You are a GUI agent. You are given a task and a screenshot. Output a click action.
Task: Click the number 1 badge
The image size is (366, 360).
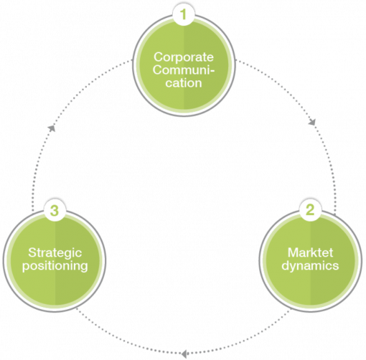click(184, 14)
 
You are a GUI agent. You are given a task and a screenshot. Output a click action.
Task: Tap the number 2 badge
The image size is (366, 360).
click(310, 210)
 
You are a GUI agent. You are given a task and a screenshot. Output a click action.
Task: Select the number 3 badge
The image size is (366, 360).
click(55, 211)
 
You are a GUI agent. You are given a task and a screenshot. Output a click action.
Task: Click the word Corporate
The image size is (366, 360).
click(184, 57)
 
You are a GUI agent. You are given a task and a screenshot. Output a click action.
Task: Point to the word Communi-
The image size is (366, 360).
click(184, 70)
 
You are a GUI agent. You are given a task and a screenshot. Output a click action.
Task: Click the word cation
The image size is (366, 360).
click(184, 83)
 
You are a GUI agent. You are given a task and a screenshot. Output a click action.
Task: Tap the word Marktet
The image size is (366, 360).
click(310, 252)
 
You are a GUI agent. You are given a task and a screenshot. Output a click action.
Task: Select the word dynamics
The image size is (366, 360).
click(310, 266)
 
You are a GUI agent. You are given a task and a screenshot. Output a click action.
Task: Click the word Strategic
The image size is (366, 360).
click(55, 253)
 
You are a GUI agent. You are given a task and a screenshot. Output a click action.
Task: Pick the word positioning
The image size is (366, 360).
click(55, 266)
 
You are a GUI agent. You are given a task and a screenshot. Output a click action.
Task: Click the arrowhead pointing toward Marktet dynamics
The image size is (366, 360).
click(312, 123)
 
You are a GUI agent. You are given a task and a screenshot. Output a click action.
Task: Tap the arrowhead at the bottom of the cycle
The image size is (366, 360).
click(184, 354)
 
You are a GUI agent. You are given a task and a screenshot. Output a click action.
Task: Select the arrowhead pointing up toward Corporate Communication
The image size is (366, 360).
click(52, 128)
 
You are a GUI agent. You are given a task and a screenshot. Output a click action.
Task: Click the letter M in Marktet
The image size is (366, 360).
click(293, 252)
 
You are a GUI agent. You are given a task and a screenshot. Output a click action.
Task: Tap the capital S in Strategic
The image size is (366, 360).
click(32, 252)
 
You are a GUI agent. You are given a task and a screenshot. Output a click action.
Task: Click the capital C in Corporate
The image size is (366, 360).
click(159, 57)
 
